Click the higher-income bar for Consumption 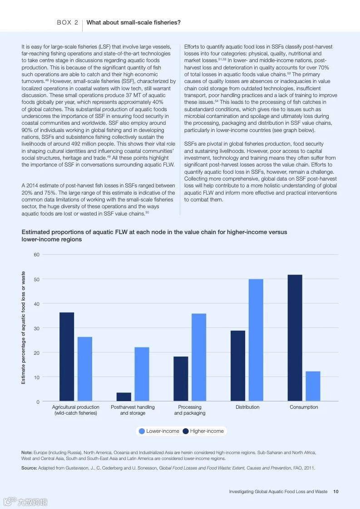[x=295, y=338]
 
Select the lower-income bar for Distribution [x=256, y=340]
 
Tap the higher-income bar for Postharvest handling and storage [x=124, y=397]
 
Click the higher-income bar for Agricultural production [x=67, y=357]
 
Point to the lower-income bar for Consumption [x=313, y=386]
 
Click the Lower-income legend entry [x=158, y=431]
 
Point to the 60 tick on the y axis [x=36, y=254]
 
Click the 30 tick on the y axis [x=36, y=328]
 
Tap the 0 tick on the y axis [x=38, y=402]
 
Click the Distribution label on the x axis [x=247, y=407]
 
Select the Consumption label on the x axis [x=304, y=407]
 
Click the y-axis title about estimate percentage [x=24, y=328]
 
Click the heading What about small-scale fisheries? [x=133, y=22]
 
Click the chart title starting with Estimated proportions [x=154, y=235]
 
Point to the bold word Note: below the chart [x=27, y=453]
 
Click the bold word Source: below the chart [x=29, y=468]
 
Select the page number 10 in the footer [x=335, y=491]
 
